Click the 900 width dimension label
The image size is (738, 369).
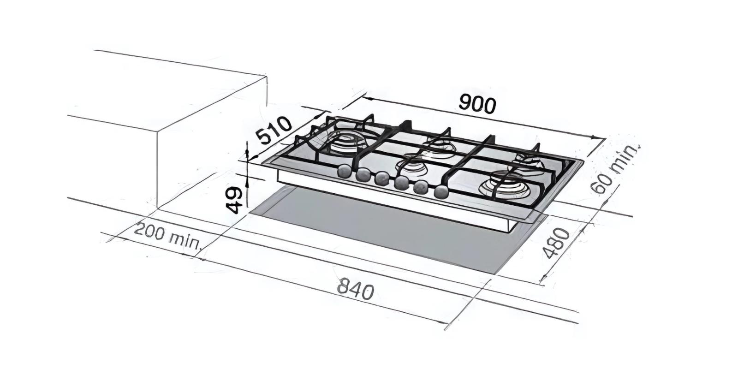pos(477,105)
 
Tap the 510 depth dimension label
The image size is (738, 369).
pos(274,130)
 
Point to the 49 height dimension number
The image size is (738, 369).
pos(235,199)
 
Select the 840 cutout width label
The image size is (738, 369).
pos(355,289)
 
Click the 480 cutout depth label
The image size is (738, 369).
pos(557,243)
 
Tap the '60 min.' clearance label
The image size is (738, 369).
pos(615,168)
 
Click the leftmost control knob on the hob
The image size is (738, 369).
pos(345,172)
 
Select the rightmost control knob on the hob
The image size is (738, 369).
pos(441,191)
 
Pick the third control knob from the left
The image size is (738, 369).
pos(381,179)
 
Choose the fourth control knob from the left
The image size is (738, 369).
pos(401,183)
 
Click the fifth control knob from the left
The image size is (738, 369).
pos(421,187)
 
